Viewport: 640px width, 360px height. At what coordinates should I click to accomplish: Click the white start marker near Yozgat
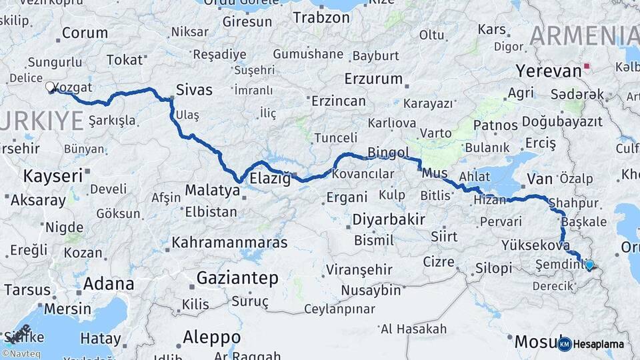(x=50, y=87)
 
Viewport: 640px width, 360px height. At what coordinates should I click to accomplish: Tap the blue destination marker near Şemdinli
(x=589, y=265)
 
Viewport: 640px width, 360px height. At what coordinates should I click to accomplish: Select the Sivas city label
(x=194, y=89)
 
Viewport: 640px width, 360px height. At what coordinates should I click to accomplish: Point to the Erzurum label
(x=373, y=79)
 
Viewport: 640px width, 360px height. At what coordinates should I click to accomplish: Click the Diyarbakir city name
(x=388, y=219)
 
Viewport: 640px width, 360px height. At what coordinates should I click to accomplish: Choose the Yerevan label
(x=549, y=71)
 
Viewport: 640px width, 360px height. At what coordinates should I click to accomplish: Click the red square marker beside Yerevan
(x=586, y=67)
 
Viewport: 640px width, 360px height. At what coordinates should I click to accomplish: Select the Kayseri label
(x=53, y=176)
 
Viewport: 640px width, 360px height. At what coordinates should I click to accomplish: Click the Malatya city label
(x=212, y=191)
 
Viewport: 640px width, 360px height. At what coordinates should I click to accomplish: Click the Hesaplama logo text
(x=598, y=345)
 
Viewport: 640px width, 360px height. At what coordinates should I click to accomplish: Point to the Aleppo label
(x=211, y=336)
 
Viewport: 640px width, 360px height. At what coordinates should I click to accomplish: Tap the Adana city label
(x=109, y=284)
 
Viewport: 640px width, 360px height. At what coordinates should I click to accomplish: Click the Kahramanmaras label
(x=229, y=242)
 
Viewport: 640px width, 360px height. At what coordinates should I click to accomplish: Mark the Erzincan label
(x=339, y=101)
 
